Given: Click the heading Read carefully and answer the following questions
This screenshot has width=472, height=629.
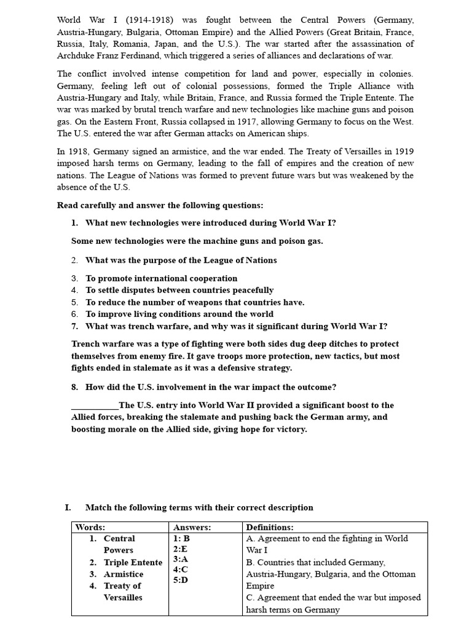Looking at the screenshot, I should coord(160,205).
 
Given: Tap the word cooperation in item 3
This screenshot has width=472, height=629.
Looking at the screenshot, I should coord(208,278).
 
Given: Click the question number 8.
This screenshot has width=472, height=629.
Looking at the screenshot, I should coord(74,387).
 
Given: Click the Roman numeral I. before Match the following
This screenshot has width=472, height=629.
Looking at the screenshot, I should coord(68,507).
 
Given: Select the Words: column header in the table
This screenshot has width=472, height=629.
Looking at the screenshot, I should coord(90,527).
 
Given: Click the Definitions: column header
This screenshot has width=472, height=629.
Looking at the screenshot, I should coord(270,527).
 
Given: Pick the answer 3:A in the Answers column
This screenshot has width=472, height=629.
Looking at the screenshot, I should coord(181,560).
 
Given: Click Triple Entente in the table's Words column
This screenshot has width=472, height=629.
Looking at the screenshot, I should coord(133,563).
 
